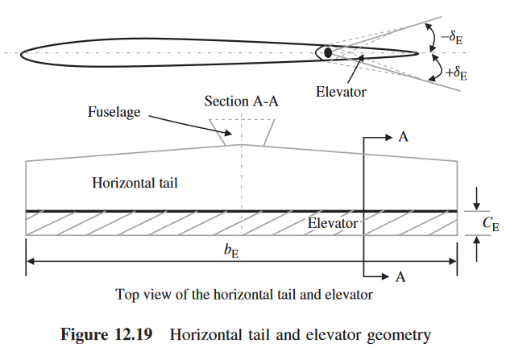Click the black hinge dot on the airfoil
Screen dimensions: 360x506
pos(328,52)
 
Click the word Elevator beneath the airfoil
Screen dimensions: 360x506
pos(341,92)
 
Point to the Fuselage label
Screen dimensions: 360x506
pos(114,113)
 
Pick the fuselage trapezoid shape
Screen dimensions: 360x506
pos(240,131)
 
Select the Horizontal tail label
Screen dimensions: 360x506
pos(135,184)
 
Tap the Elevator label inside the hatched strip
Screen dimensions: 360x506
pos(333,223)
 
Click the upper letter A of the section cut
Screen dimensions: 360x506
pos(403,137)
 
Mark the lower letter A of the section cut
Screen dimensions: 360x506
pos(403,277)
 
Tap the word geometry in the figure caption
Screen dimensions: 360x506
pos(407,333)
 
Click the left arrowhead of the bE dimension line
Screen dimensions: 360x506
pos(31,262)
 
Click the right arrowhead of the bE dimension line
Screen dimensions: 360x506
pos(454,262)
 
